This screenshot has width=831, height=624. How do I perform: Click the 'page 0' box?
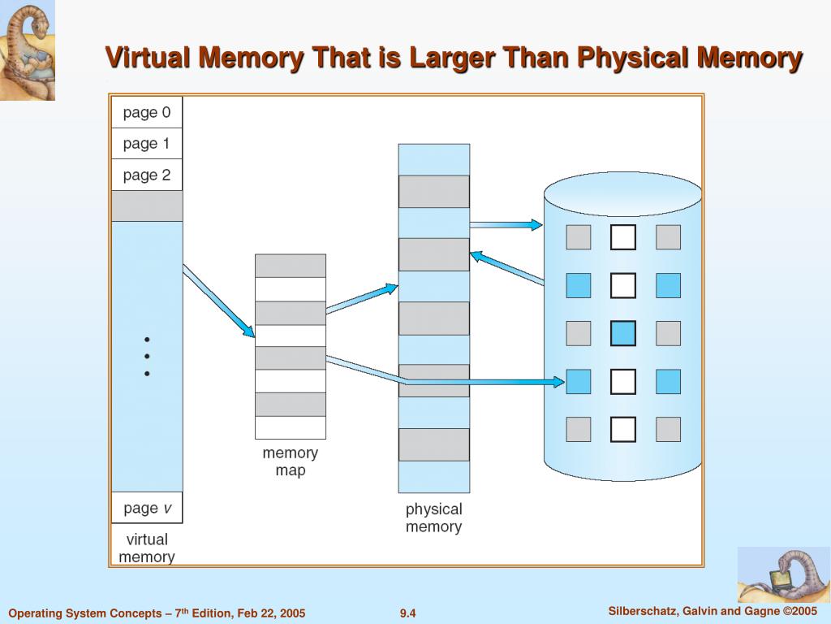(147, 113)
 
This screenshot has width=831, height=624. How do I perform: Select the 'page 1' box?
(147, 144)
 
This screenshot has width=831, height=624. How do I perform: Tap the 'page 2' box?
(147, 175)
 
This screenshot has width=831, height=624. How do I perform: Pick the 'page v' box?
(147, 508)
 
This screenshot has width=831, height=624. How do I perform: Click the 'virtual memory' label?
(147, 548)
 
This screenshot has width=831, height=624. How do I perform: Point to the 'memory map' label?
(291, 461)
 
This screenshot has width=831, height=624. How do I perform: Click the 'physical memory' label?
(433, 518)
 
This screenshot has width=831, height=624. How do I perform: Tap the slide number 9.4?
(407, 613)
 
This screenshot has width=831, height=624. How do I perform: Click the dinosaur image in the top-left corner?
(28, 50)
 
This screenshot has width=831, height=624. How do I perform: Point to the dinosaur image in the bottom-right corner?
(783, 574)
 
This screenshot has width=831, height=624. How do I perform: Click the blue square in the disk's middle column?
(623, 333)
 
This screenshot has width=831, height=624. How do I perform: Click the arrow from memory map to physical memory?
(361, 297)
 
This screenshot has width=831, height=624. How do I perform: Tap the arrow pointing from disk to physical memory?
(506, 268)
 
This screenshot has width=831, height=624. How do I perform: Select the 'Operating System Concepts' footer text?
(157, 613)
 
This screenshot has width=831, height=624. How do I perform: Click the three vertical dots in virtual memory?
(147, 356)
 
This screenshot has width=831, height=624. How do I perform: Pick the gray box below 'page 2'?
(147, 206)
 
